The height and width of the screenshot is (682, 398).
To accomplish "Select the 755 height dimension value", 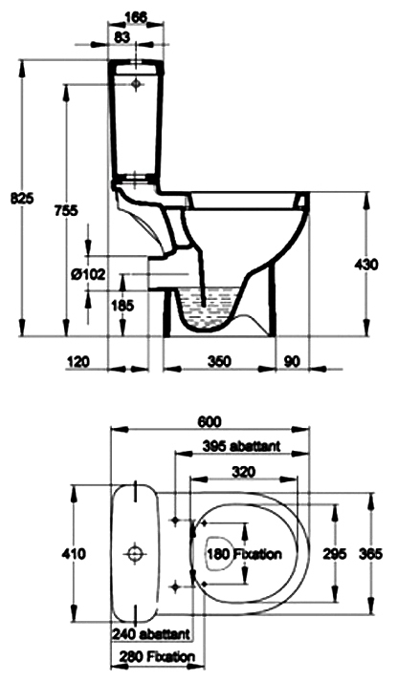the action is [x=66, y=211].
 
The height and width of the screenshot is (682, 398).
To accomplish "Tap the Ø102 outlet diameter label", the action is [x=88, y=274].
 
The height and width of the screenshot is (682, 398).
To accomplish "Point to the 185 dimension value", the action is [x=122, y=306].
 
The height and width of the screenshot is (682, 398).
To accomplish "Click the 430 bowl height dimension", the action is [x=366, y=264].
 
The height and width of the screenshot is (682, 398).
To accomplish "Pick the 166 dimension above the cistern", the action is [x=136, y=17].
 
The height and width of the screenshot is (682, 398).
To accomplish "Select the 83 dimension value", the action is [x=122, y=37].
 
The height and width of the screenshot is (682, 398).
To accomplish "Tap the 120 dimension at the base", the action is [x=77, y=361].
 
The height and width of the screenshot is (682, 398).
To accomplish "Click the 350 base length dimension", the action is [x=219, y=361].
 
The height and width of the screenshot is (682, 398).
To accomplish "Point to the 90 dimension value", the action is [x=292, y=361].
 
